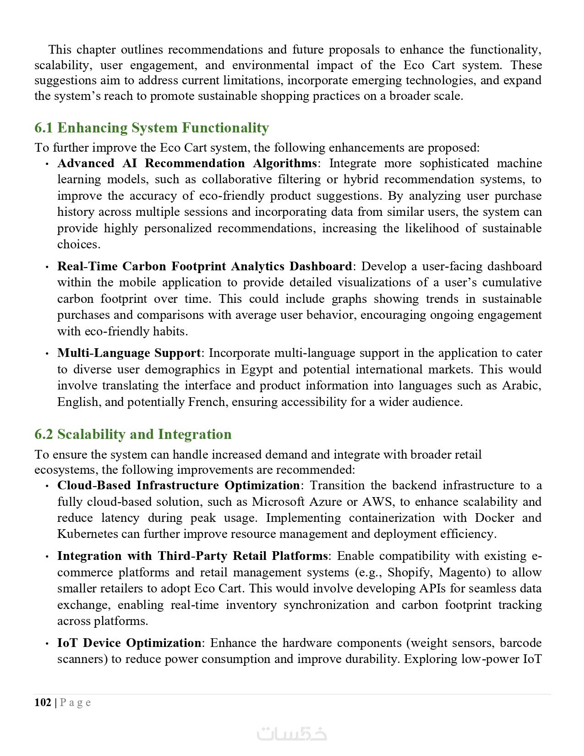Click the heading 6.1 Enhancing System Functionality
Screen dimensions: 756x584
coord(151,127)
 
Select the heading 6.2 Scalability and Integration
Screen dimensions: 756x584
coord(133,434)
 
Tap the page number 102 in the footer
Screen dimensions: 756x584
coord(43,702)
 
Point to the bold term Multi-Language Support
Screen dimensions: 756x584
coord(129,353)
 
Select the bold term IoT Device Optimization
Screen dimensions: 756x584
coord(129,643)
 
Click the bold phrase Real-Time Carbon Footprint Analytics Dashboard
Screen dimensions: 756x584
coord(204,266)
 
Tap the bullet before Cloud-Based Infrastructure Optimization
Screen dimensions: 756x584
coord(47,486)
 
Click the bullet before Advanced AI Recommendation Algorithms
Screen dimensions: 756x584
coord(47,164)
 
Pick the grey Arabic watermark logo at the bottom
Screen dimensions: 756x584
coord(292,734)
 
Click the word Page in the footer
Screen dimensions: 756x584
coord(76,702)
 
